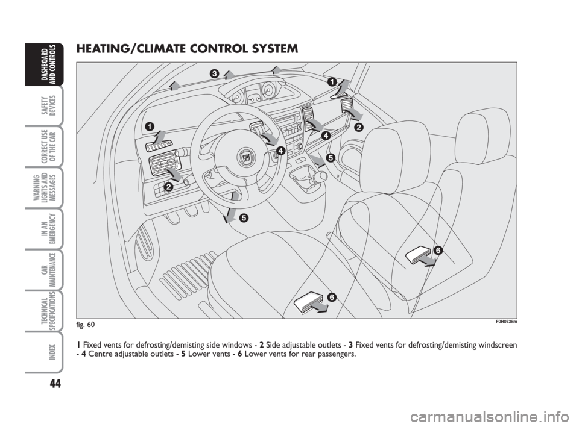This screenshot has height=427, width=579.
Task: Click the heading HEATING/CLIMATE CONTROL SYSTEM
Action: (187, 49)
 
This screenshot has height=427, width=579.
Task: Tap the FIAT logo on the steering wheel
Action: (247, 158)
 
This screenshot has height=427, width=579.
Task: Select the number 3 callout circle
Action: (214, 73)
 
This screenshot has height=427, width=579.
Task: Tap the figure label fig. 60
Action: (86, 325)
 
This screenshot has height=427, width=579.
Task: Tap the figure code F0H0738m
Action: (506, 322)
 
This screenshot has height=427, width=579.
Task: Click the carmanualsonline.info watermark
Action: (491, 417)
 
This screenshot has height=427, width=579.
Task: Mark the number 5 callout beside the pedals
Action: (243, 218)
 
